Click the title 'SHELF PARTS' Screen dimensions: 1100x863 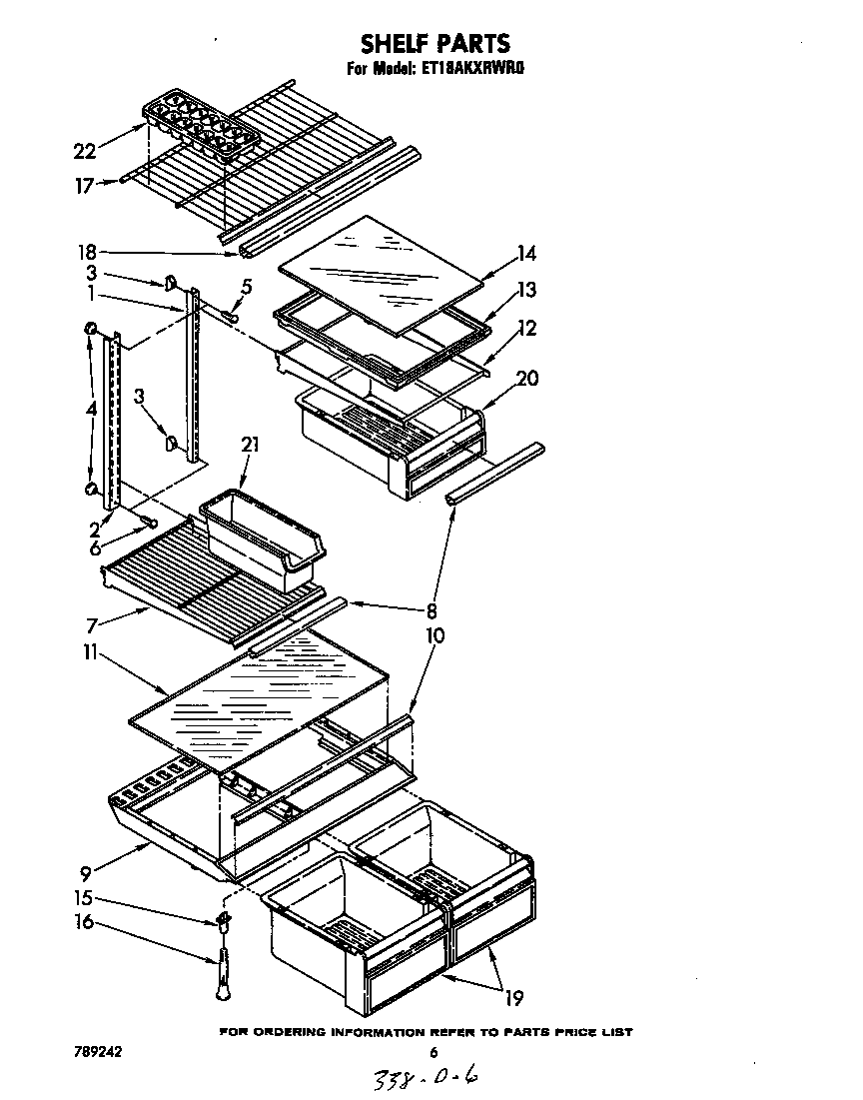(434, 43)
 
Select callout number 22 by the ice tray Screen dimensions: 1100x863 (85, 151)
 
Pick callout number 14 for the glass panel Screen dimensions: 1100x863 (526, 255)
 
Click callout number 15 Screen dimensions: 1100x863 (87, 897)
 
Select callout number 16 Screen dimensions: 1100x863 (87, 922)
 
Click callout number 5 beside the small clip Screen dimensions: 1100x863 (247, 287)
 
